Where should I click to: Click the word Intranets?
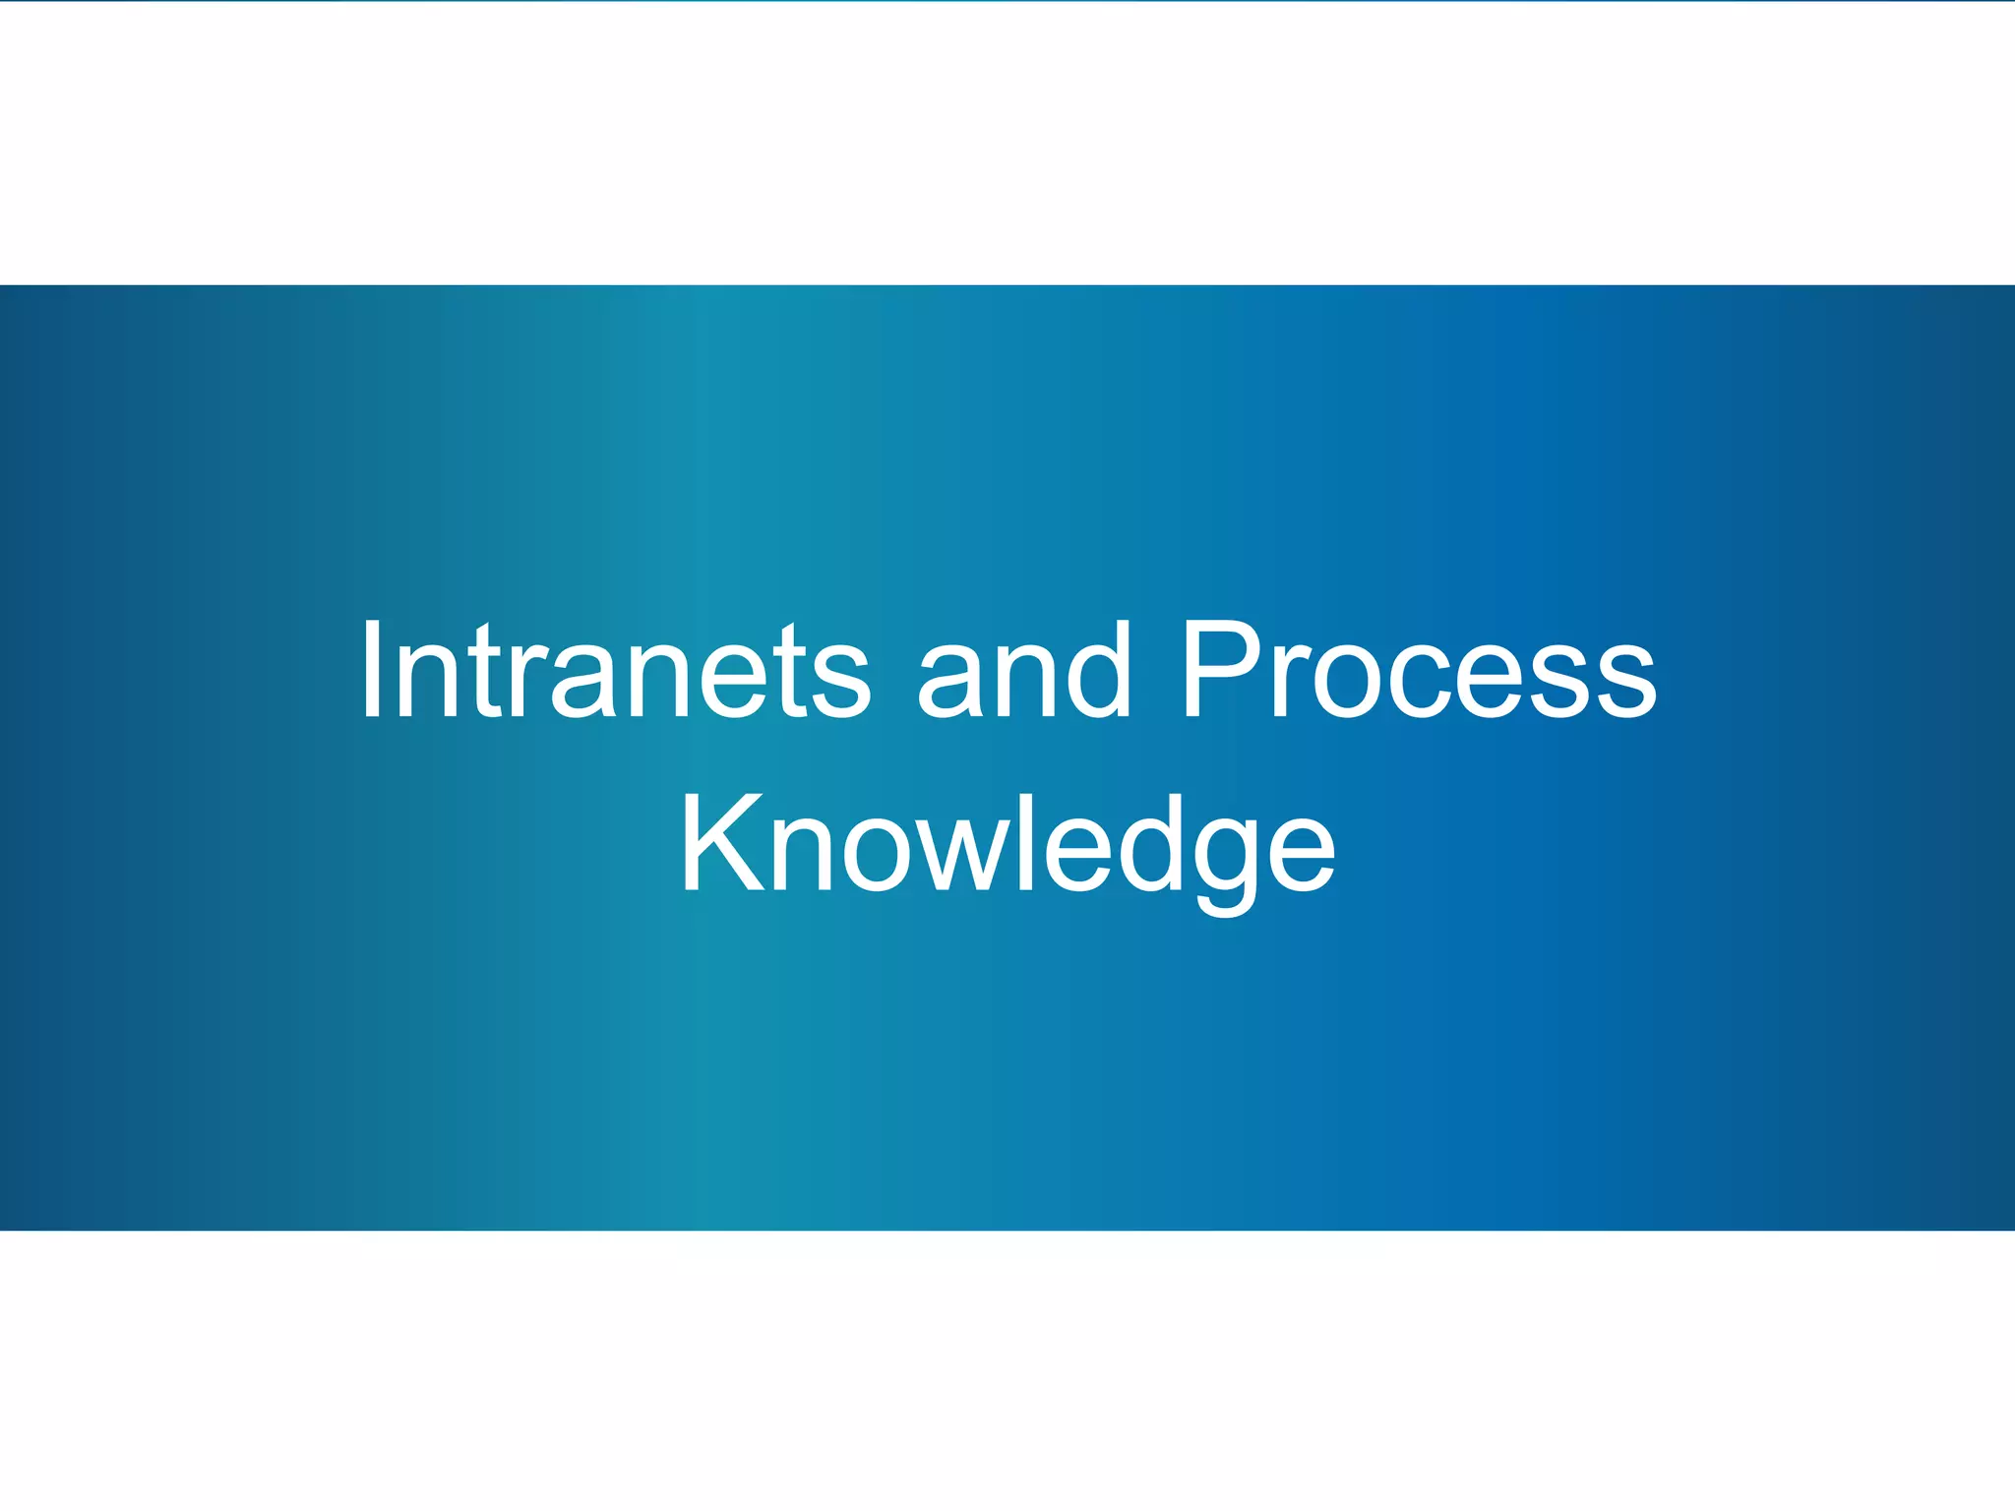(x=615, y=671)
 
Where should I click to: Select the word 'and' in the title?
(x=1024, y=671)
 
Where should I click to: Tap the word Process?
(x=1419, y=671)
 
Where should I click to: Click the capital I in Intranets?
(x=371, y=671)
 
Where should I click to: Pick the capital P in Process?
(x=1220, y=671)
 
